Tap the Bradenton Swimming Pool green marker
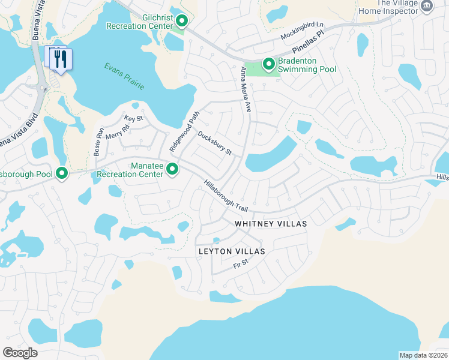(269, 63)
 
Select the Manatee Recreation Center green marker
(172, 170)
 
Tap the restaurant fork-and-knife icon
(60, 59)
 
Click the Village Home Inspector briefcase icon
(427, 6)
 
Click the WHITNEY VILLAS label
(270, 224)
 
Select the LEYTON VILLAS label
(232, 251)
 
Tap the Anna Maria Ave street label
(246, 89)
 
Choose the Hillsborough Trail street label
(226, 196)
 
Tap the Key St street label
(133, 119)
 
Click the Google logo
(20, 353)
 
